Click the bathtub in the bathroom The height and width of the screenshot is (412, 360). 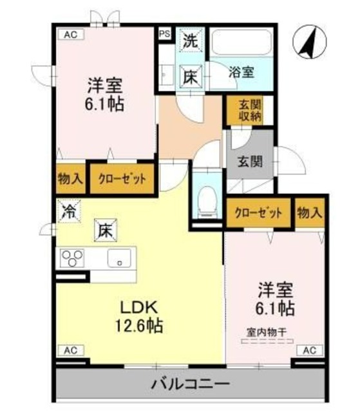pyautogui.click(x=242, y=44)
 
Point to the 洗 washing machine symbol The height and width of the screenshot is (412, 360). pyautogui.click(x=190, y=40)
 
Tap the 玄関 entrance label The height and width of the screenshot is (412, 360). pyautogui.click(x=251, y=160)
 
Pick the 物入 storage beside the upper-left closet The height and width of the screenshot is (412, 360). pyautogui.click(x=70, y=178)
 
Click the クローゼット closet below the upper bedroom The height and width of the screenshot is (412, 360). pyautogui.click(x=122, y=178)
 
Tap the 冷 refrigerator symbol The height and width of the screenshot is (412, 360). pyautogui.click(x=67, y=211)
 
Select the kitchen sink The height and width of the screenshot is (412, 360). pyautogui.click(x=120, y=260)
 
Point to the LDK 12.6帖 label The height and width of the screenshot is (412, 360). pyautogui.click(x=138, y=316)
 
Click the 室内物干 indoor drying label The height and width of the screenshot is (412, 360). pyautogui.click(x=267, y=332)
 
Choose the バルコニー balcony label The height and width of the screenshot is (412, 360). pyautogui.click(x=191, y=384)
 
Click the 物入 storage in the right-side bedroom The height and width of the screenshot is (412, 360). pyautogui.click(x=310, y=212)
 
